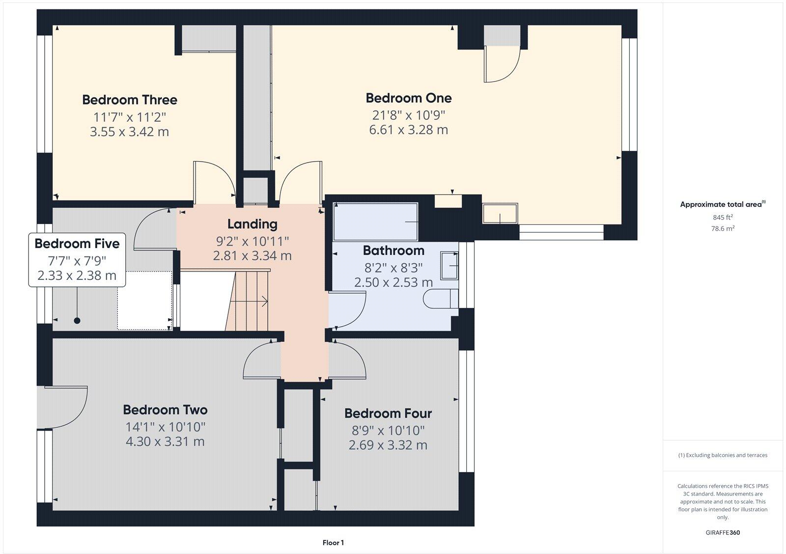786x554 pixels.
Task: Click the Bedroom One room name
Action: point(408,98)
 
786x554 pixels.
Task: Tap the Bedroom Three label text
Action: point(129,100)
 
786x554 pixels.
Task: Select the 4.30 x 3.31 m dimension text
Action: point(165,442)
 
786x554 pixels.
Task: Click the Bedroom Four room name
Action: point(388,414)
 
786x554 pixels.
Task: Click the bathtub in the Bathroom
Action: point(376,222)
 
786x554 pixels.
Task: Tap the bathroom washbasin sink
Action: point(449,265)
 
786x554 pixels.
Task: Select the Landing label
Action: point(252,224)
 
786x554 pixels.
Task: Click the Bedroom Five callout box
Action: point(77,259)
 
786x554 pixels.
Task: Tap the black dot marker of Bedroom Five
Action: point(77,321)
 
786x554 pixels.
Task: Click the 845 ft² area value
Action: point(723,217)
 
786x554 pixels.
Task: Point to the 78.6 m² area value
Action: point(723,228)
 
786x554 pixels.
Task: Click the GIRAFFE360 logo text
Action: point(722,532)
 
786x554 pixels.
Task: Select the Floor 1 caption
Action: point(333,543)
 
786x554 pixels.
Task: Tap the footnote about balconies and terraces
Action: point(723,455)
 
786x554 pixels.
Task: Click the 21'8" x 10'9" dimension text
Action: point(408,115)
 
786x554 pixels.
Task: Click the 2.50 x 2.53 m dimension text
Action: point(393,282)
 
